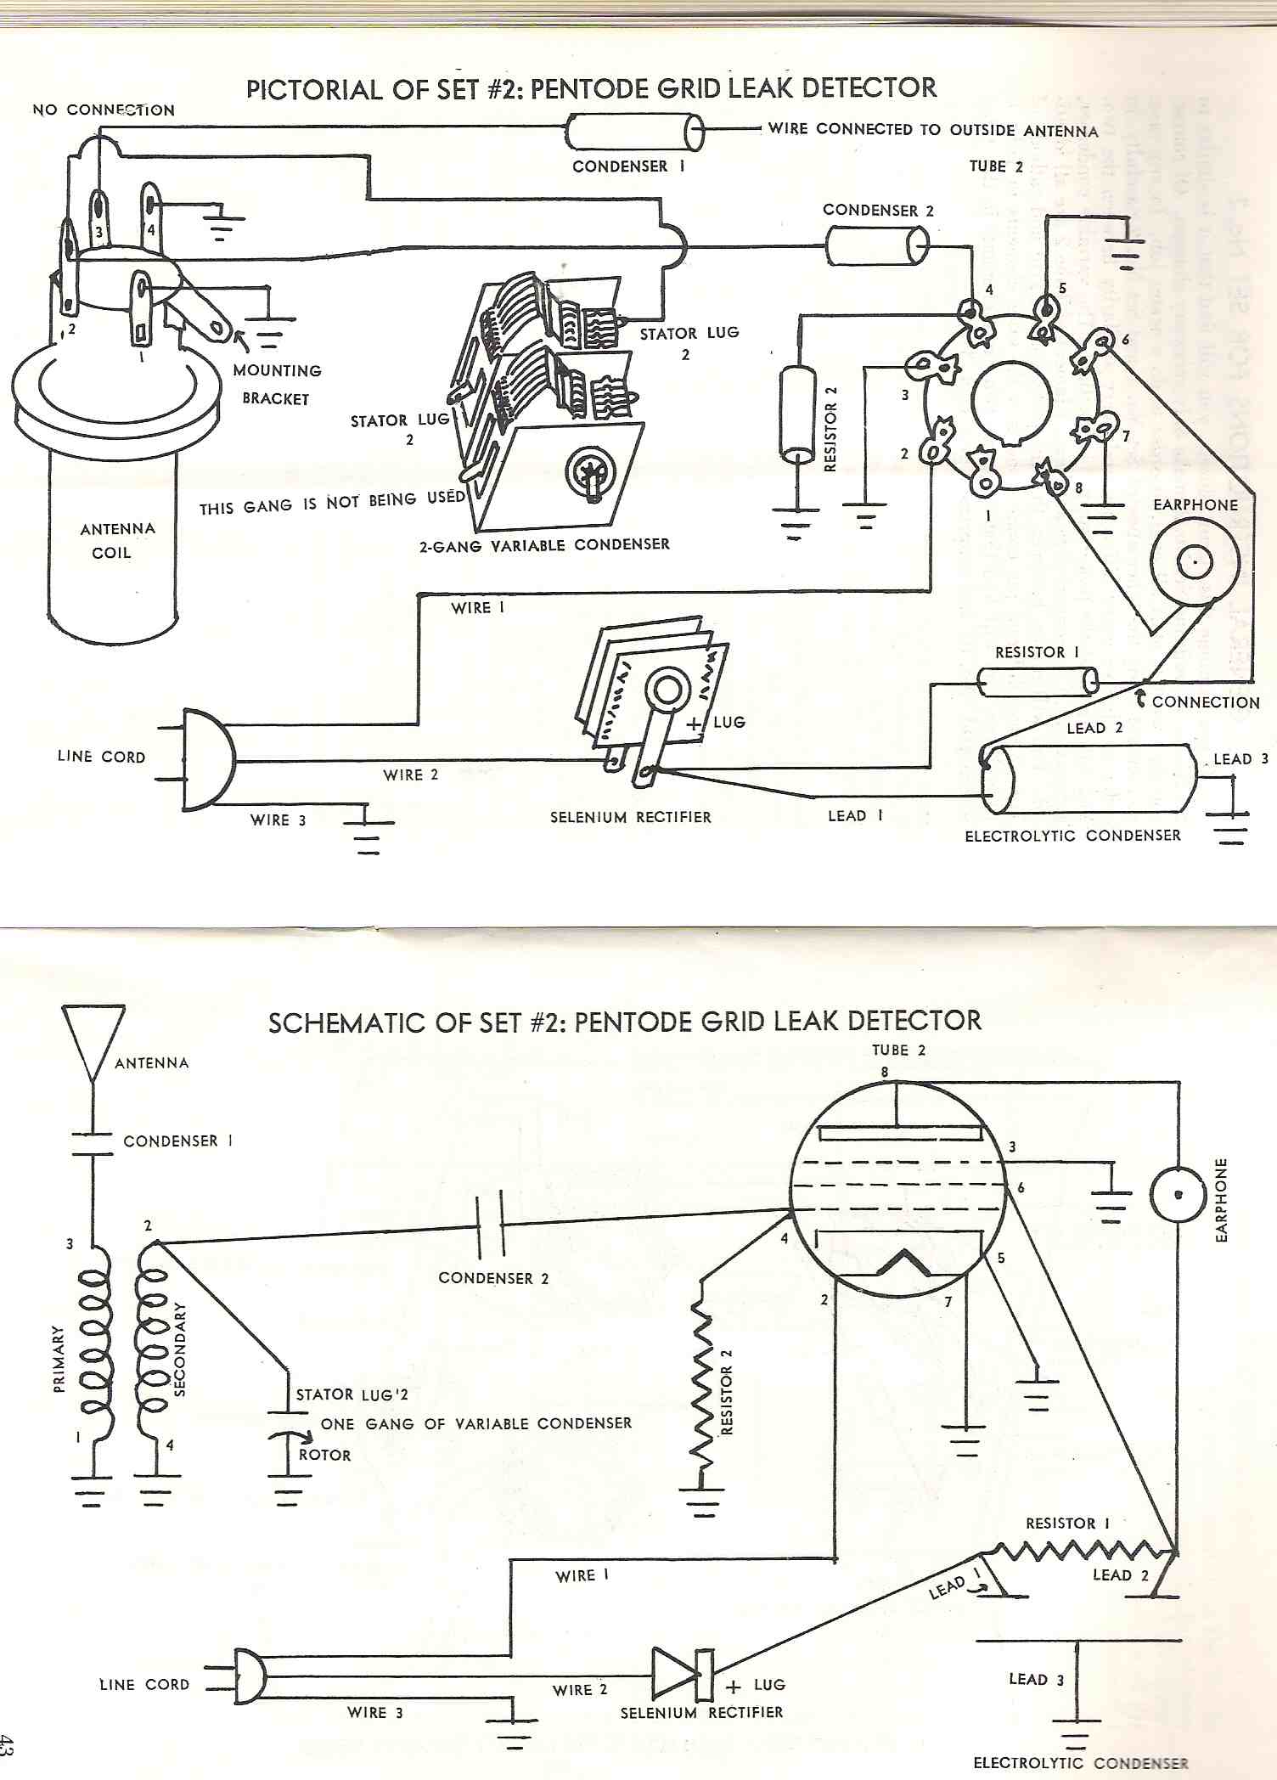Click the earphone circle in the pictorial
click(x=1195, y=562)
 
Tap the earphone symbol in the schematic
click(x=1178, y=1194)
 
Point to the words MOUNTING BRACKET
click(x=276, y=384)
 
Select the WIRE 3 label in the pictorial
click(x=278, y=820)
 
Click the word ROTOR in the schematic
click(x=324, y=1455)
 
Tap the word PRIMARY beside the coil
click(x=59, y=1359)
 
